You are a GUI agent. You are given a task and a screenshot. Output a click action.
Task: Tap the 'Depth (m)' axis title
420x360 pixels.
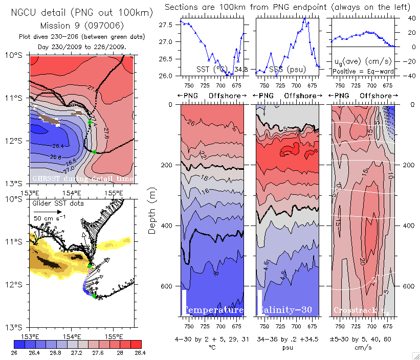click(x=152, y=210)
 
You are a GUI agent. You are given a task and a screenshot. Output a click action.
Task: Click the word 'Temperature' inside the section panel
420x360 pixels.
click(x=213, y=310)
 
